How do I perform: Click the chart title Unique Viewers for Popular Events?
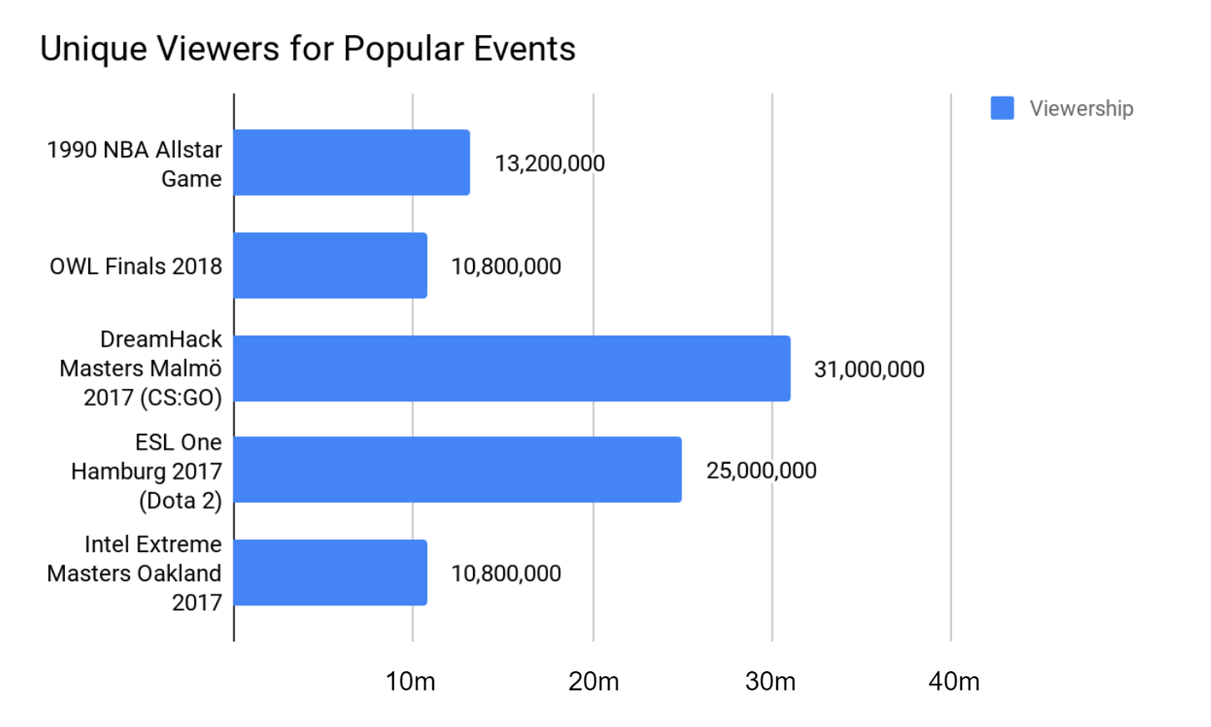[x=307, y=49]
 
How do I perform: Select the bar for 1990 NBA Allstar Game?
[x=351, y=162]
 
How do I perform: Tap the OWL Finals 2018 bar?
[x=331, y=266]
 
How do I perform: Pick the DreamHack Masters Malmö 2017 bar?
[x=511, y=368]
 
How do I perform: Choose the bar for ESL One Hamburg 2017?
[x=457, y=470]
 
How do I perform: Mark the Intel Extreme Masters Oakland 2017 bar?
[x=331, y=572]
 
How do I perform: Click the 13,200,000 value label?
[x=550, y=163]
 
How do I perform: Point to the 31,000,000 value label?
[x=869, y=370]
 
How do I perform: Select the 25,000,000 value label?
[x=761, y=471]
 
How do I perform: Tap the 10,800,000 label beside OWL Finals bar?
[x=506, y=266]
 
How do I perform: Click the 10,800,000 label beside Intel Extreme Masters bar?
[x=506, y=574]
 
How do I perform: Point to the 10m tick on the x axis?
[x=411, y=681]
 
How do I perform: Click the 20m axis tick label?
[x=594, y=681]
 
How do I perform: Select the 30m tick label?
[x=770, y=681]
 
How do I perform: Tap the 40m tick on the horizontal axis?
[x=954, y=681]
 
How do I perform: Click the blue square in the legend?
[x=1002, y=108]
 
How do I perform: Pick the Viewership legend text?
[x=1081, y=108]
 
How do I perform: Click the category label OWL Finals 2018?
[x=136, y=266]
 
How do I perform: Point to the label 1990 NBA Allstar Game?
[x=135, y=164]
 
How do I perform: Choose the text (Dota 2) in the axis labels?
[x=181, y=500]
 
